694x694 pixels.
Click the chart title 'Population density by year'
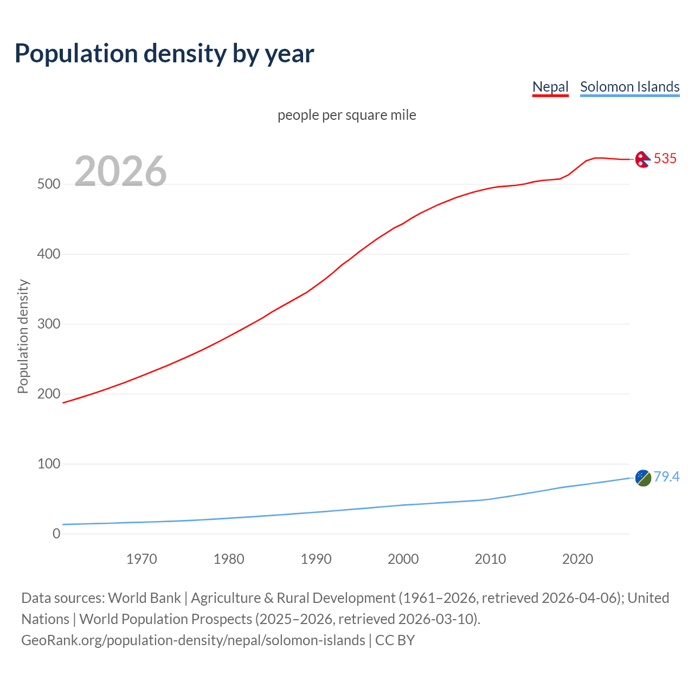(x=164, y=54)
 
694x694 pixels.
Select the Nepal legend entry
(x=550, y=87)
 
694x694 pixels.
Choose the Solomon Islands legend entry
(x=629, y=87)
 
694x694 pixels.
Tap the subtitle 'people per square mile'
(x=347, y=115)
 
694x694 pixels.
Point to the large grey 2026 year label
(x=120, y=171)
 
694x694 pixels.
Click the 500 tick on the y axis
(x=48, y=184)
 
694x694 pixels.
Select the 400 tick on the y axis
(x=48, y=254)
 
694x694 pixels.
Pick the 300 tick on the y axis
(x=48, y=324)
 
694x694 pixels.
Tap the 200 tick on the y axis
(x=48, y=394)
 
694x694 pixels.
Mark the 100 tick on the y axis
(x=48, y=464)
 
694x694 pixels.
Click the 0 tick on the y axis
(x=56, y=534)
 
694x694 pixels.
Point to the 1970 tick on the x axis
(x=142, y=559)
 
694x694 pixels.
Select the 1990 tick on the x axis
(x=316, y=559)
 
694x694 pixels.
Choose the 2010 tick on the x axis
(x=490, y=559)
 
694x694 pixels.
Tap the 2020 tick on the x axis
(x=577, y=559)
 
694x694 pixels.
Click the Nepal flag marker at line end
(x=643, y=159)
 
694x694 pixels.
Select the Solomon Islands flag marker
(x=643, y=478)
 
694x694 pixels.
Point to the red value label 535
(x=665, y=159)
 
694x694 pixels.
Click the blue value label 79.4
(x=666, y=477)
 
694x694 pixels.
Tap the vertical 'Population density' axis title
(x=23, y=336)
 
